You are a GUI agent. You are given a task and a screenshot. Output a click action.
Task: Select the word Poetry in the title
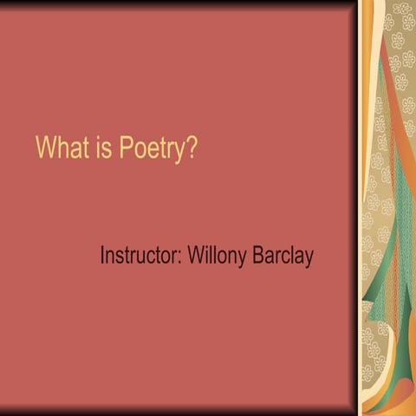point(153,149)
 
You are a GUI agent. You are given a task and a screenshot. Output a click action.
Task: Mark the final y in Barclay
point(308,259)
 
